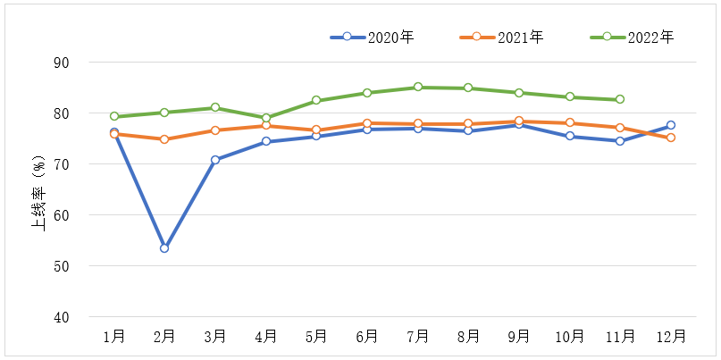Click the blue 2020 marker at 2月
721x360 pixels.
coord(164,248)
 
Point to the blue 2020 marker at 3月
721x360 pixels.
coord(215,160)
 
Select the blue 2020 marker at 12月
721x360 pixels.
coord(671,125)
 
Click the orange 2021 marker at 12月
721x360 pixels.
coord(671,138)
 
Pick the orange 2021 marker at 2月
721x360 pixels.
coord(164,139)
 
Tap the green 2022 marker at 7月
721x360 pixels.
coord(417,88)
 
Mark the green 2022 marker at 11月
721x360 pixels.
coord(620,99)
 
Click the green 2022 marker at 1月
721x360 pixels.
coord(114,116)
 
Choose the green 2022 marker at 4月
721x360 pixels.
coord(266,118)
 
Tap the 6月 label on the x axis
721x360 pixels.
coord(367,337)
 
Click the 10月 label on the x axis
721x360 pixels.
coord(570,337)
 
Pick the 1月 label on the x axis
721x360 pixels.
coord(114,337)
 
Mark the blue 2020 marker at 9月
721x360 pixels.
coord(519,125)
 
